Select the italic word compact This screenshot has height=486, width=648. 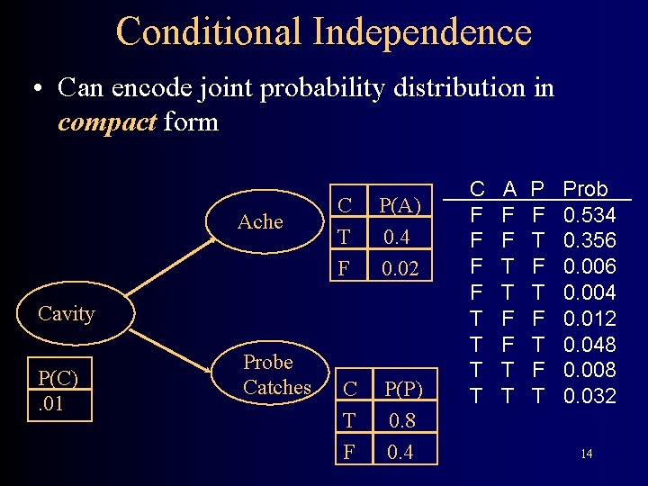(x=106, y=121)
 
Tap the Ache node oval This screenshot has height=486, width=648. (x=260, y=221)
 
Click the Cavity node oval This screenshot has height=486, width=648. (x=67, y=313)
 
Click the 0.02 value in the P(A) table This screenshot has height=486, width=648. (x=400, y=268)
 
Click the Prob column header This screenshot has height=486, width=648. (x=585, y=189)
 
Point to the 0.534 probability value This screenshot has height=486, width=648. (x=589, y=215)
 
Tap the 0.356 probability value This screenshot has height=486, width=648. (x=589, y=240)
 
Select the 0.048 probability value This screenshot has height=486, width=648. (x=589, y=344)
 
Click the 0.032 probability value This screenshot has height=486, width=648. (x=589, y=395)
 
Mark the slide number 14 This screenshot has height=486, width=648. (x=586, y=454)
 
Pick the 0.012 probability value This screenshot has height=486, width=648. (x=589, y=319)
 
